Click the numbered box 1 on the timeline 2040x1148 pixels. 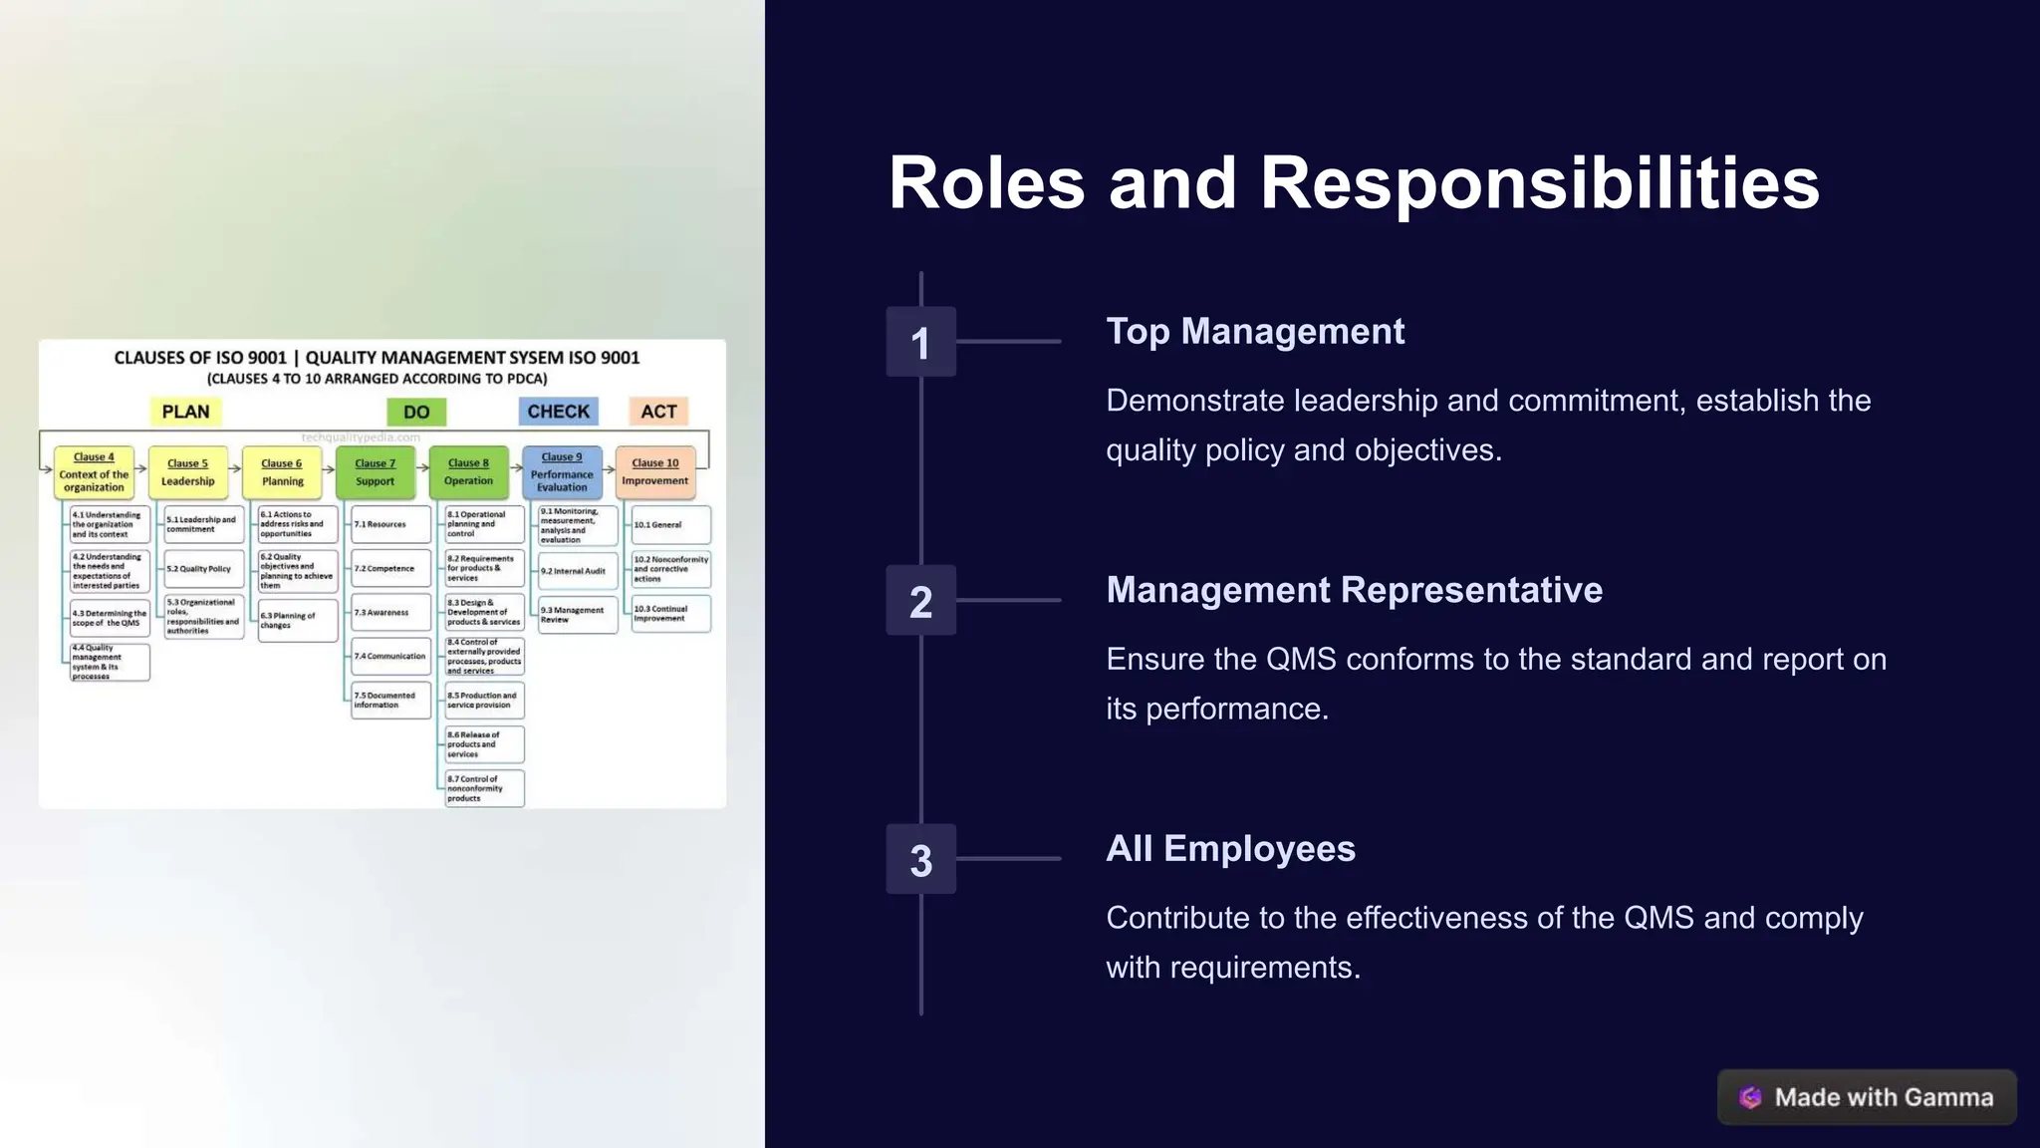pyautogui.click(x=920, y=342)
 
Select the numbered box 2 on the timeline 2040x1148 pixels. pyautogui.click(x=920, y=601)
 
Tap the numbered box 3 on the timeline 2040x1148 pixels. pyautogui.click(x=920, y=859)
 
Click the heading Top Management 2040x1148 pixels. pyautogui.click(x=1255, y=332)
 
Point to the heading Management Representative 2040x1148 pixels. pyautogui.click(x=1354, y=590)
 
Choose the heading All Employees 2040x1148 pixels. pyautogui.click(x=1230, y=849)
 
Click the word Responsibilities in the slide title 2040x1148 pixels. pyautogui.click(x=1540, y=183)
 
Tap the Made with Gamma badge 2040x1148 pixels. pyautogui.click(x=1867, y=1097)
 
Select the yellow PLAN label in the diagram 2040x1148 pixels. pyautogui.click(x=185, y=412)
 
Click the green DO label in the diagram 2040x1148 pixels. pyautogui.click(x=416, y=412)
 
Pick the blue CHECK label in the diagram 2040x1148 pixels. pyautogui.click(x=558, y=412)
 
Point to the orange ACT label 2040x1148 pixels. pyautogui.click(x=658, y=412)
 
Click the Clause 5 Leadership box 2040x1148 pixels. pyautogui.click(x=188, y=472)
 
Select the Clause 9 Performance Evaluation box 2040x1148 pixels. pyautogui.click(x=562, y=472)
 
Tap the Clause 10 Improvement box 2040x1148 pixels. pyautogui.click(x=654, y=472)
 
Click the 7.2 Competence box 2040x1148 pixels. pyautogui.click(x=390, y=568)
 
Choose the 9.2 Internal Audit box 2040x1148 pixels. pyautogui.click(x=578, y=571)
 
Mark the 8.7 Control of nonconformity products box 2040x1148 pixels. pyautogui.click(x=484, y=788)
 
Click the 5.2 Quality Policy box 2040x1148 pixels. pyautogui.click(x=203, y=568)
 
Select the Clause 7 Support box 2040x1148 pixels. pyautogui.click(x=376, y=472)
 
